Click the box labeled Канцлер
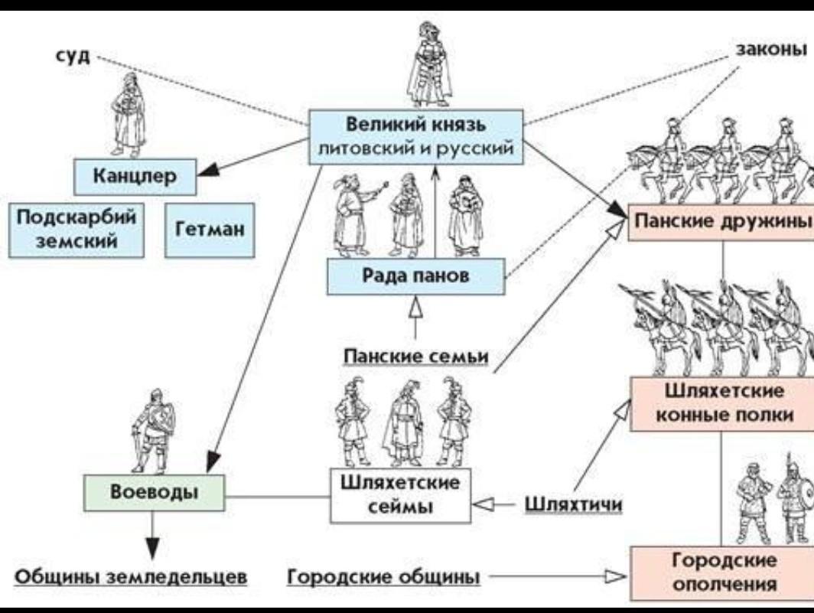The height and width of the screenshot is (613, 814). pyautogui.click(x=135, y=177)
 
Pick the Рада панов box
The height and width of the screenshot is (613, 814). pyautogui.click(x=415, y=276)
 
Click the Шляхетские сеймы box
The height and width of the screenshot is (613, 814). pyautogui.click(x=401, y=495)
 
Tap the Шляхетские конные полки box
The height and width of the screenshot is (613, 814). pyautogui.click(x=722, y=403)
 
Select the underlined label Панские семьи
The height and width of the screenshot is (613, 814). pyautogui.click(x=415, y=357)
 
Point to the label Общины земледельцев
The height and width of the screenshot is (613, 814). pyautogui.click(x=132, y=576)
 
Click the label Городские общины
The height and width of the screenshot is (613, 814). pyautogui.click(x=383, y=576)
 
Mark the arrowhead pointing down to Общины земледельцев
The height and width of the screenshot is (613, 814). pyautogui.click(x=152, y=546)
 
